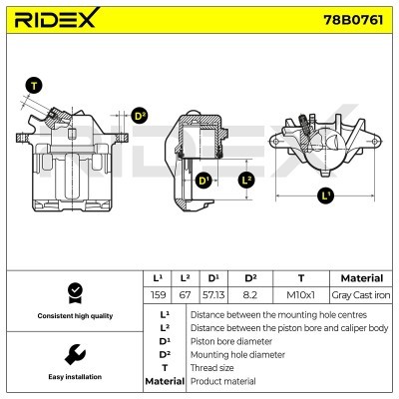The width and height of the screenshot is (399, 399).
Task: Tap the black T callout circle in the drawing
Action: [35, 85]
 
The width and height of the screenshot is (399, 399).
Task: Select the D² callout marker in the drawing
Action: [140, 116]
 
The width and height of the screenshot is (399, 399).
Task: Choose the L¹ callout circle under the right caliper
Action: [326, 196]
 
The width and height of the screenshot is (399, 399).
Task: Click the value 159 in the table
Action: [158, 294]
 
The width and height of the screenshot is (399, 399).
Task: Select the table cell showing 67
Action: [185, 294]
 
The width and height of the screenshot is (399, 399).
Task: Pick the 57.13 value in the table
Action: [213, 294]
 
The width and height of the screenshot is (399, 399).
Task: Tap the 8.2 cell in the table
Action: [251, 294]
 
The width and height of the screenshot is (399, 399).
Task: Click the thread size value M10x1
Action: [300, 294]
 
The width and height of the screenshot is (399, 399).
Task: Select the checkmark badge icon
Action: [73, 291]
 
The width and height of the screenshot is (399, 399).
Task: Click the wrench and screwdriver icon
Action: [73, 353]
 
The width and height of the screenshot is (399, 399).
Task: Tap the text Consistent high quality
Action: [73, 315]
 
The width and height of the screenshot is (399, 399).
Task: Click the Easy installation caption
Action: [73, 378]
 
